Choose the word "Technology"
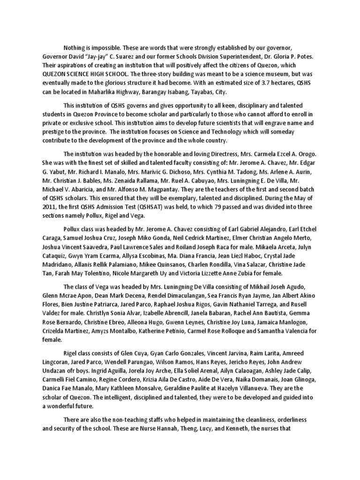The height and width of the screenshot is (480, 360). coord(248,132)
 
